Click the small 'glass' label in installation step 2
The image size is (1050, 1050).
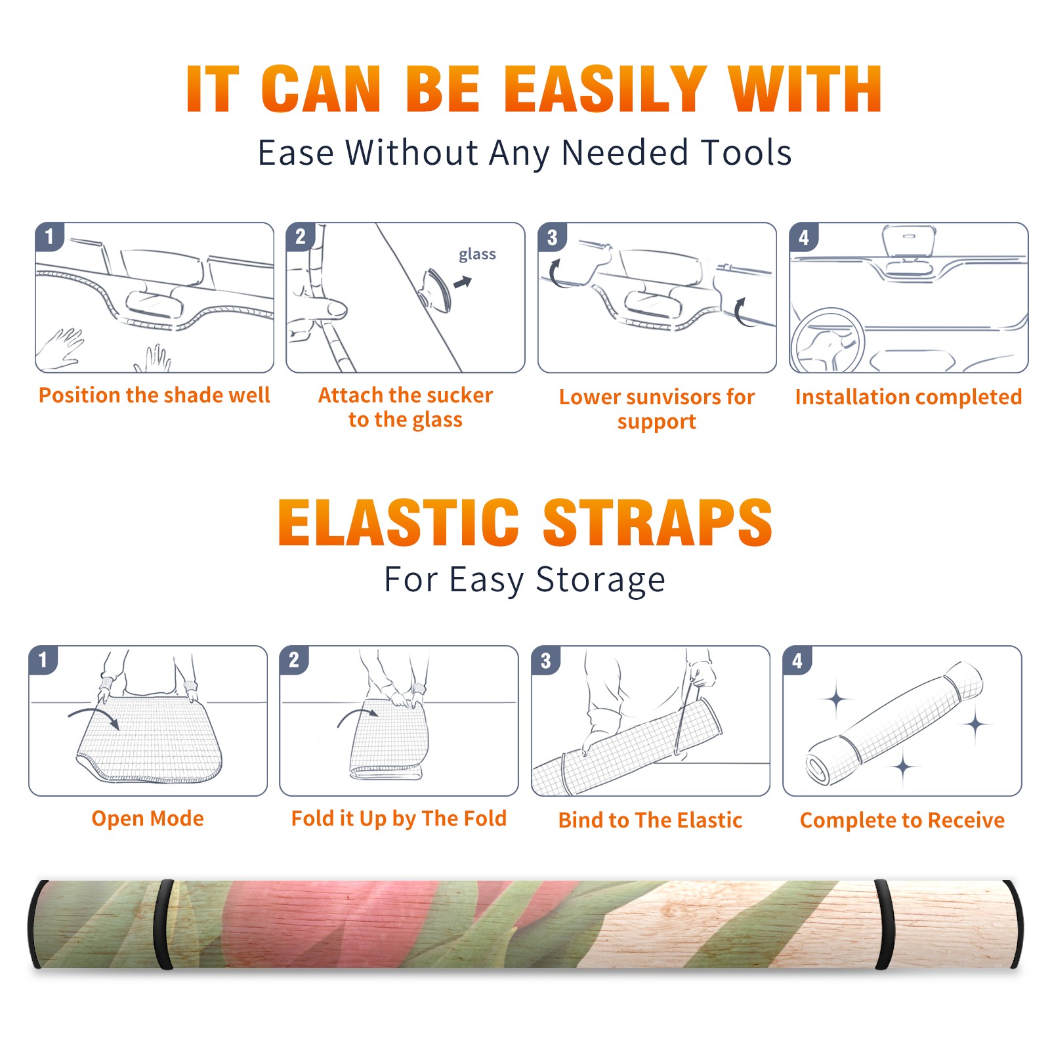coord(477,255)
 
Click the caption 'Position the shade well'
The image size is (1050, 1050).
coord(154,395)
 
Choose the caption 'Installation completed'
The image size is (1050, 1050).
coord(908,397)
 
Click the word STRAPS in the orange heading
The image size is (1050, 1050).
coord(658,522)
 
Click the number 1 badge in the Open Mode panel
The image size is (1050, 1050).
coord(43,660)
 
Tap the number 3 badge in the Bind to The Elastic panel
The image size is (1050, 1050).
coord(546,660)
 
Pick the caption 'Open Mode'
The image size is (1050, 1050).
coord(148,818)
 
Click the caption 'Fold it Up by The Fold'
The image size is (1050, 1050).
coord(399,818)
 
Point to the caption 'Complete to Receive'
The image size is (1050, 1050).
coord(902,820)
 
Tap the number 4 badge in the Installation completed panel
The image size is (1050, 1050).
coord(804,237)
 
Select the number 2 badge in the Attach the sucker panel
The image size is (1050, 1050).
coord(301,236)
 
